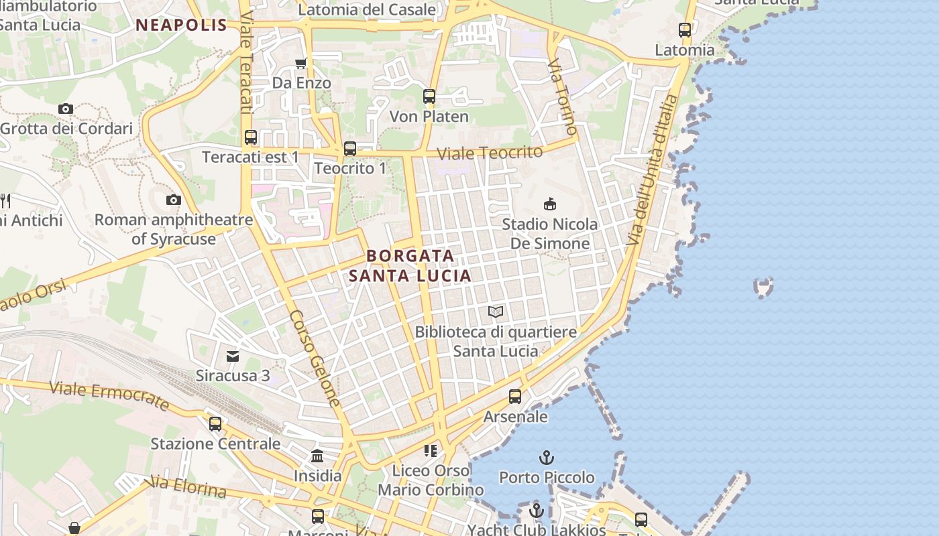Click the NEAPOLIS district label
coord(182,25)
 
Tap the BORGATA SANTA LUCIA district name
coord(410,265)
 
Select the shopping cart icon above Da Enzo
coord(301,63)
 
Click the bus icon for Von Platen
coord(429,96)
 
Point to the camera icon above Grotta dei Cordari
coord(65,109)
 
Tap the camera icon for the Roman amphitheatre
coord(174,200)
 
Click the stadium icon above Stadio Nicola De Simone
coord(550,204)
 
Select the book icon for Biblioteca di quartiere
coord(496,312)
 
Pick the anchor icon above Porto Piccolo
coord(547,458)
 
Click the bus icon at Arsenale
coord(515,397)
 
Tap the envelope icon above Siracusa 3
coord(233,356)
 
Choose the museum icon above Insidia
coord(317,456)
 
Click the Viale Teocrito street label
coord(490,153)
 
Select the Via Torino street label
coord(563,96)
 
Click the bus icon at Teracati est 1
coord(251,137)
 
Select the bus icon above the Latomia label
coord(685,30)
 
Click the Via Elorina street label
coord(188,487)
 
